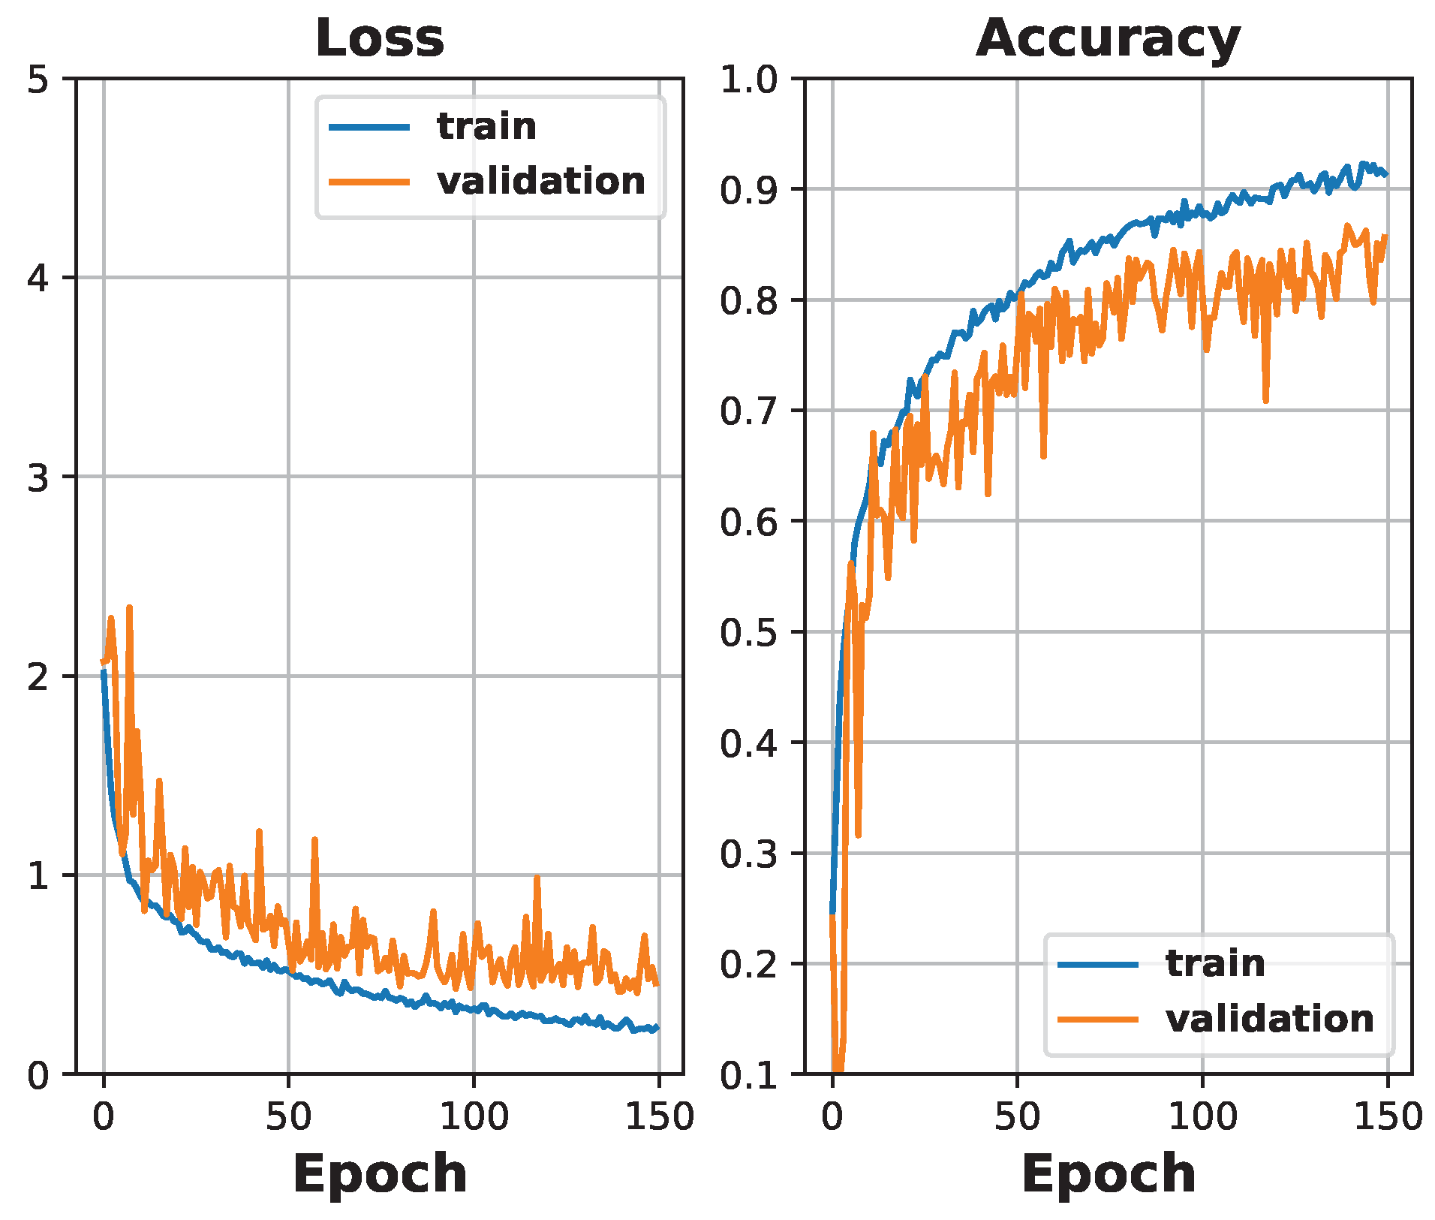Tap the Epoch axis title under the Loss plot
[380, 1173]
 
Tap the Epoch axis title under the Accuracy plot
[1109, 1173]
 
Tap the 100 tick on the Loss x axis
[474, 1116]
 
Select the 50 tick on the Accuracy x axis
[1017, 1116]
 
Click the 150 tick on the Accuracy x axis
[1387, 1116]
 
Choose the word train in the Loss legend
[486, 126]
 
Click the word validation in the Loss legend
[541, 181]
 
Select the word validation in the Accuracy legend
[1270, 1019]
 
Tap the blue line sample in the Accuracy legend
[1098, 964]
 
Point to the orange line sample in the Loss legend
[369, 182]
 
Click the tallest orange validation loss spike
[129, 608]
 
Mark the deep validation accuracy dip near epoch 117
[1265, 400]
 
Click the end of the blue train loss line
[657, 1027]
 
